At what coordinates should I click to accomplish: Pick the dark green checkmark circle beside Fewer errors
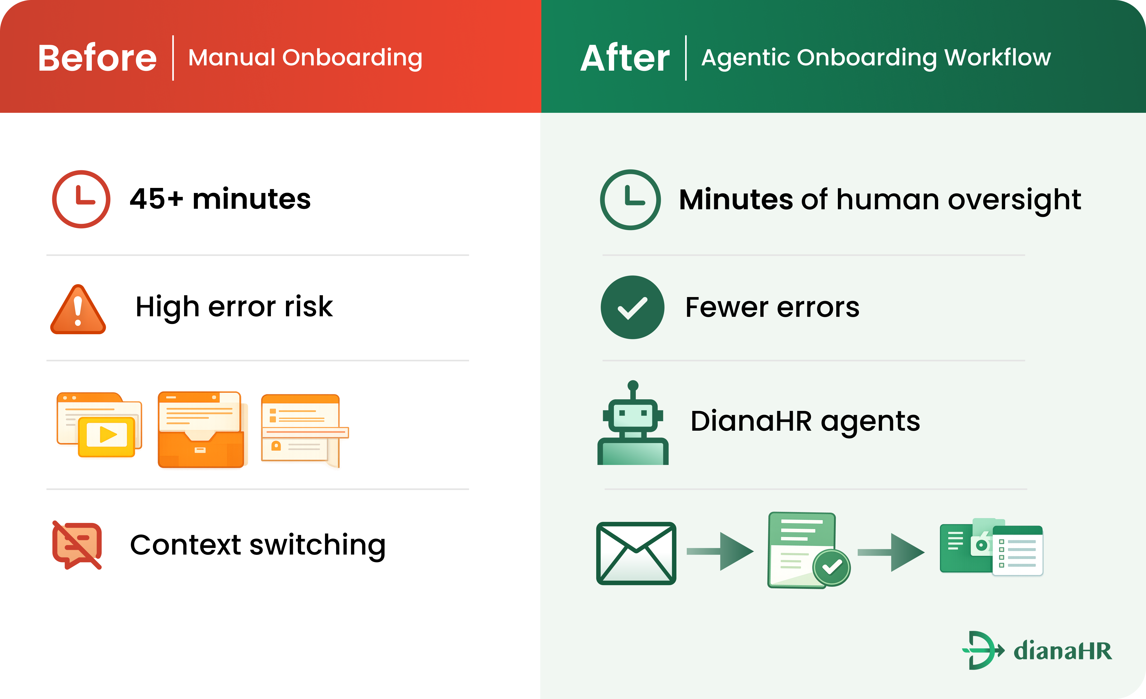[x=633, y=307]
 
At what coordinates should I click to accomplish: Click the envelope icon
[x=636, y=553]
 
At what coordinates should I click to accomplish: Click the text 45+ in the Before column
[x=156, y=199]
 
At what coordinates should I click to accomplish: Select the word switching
[x=317, y=545]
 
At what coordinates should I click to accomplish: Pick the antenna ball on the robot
[x=633, y=385]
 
